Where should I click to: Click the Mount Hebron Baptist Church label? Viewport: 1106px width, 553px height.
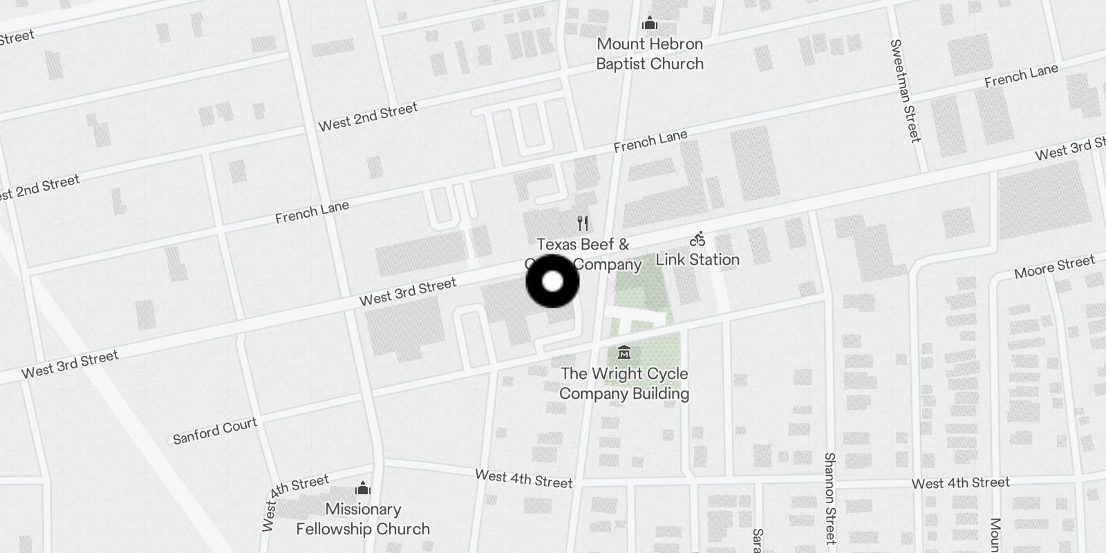pyautogui.click(x=650, y=54)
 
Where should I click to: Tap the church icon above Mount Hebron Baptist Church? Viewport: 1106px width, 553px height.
pyautogui.click(x=649, y=24)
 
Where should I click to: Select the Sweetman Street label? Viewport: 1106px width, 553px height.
pyautogui.click(x=906, y=91)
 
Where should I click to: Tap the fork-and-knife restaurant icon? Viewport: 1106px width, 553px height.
pyautogui.click(x=583, y=223)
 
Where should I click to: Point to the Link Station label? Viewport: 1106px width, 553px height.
pyautogui.click(x=697, y=260)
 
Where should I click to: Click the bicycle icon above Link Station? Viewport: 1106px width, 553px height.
pyautogui.click(x=697, y=239)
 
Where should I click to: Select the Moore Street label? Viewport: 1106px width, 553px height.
pyautogui.click(x=1054, y=266)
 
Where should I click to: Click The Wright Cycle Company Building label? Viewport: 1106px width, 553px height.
pyautogui.click(x=624, y=384)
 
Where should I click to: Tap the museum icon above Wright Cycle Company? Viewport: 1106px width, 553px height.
pyautogui.click(x=624, y=353)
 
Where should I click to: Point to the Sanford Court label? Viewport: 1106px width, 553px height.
pyautogui.click(x=215, y=431)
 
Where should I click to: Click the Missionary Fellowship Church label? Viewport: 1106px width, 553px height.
pyautogui.click(x=363, y=519)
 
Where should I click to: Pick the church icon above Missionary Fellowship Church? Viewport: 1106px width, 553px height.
pyautogui.click(x=363, y=489)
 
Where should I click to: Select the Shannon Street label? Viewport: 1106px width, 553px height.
pyautogui.click(x=830, y=498)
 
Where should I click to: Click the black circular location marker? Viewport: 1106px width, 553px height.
pyautogui.click(x=552, y=281)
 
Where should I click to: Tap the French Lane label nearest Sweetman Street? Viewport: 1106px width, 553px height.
pyautogui.click(x=1021, y=75)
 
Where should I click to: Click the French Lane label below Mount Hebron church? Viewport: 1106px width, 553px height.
pyautogui.click(x=650, y=141)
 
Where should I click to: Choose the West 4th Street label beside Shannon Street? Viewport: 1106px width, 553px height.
pyautogui.click(x=960, y=482)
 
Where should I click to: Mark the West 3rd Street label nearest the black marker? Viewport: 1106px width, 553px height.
pyautogui.click(x=408, y=292)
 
